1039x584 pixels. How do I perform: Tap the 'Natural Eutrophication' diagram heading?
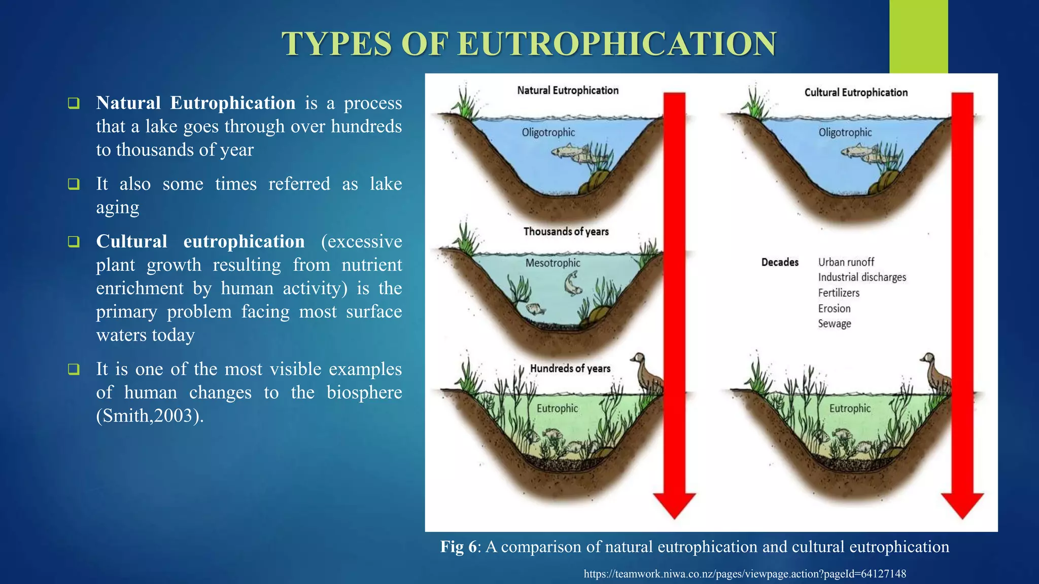point(568,91)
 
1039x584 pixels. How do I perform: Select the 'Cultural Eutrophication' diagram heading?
point(856,93)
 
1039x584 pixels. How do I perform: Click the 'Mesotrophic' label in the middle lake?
point(552,263)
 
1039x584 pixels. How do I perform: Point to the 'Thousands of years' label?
point(566,232)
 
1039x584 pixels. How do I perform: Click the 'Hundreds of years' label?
point(570,369)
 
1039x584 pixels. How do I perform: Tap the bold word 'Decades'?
point(780,263)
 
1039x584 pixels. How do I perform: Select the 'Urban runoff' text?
point(846,262)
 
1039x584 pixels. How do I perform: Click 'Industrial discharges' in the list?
point(861,277)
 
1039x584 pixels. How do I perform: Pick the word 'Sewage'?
point(834,323)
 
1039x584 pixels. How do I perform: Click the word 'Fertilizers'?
point(839,293)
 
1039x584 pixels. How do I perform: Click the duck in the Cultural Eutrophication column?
point(936,373)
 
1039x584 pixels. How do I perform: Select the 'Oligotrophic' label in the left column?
point(548,133)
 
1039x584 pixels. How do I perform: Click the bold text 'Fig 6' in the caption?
point(458,547)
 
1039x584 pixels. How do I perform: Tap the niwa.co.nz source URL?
point(745,574)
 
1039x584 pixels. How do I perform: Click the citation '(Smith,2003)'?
point(150,416)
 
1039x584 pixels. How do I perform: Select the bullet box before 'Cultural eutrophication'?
point(74,242)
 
